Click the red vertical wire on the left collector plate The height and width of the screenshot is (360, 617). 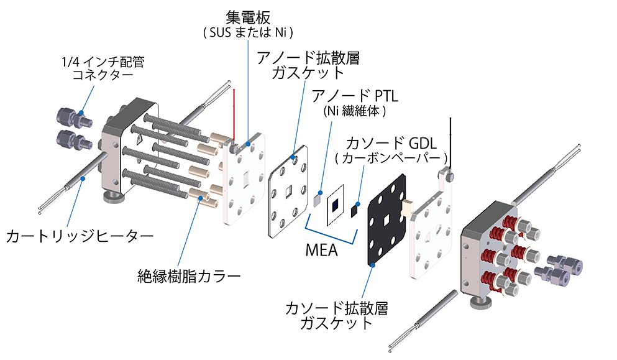[234, 115]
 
